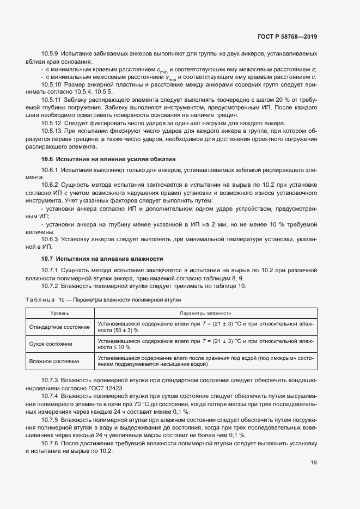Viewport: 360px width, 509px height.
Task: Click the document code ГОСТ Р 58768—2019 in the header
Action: click(286, 37)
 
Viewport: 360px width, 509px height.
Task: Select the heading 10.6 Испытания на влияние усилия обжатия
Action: click(108, 159)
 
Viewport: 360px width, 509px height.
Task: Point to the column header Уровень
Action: click(60, 314)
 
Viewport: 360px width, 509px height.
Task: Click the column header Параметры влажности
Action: click(205, 314)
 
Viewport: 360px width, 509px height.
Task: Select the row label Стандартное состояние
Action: click(60, 327)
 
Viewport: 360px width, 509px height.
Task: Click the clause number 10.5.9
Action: click(50, 55)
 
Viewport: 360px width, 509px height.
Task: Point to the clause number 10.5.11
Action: click(52, 100)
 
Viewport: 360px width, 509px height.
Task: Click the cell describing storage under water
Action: click(205, 361)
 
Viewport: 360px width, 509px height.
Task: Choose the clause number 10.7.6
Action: click(50, 444)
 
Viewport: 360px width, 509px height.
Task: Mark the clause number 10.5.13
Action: click(52, 131)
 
